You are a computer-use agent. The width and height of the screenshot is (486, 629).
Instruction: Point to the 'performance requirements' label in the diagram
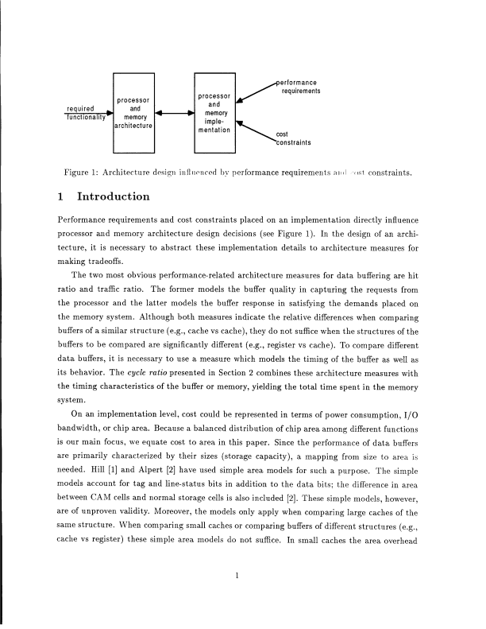point(300,87)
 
